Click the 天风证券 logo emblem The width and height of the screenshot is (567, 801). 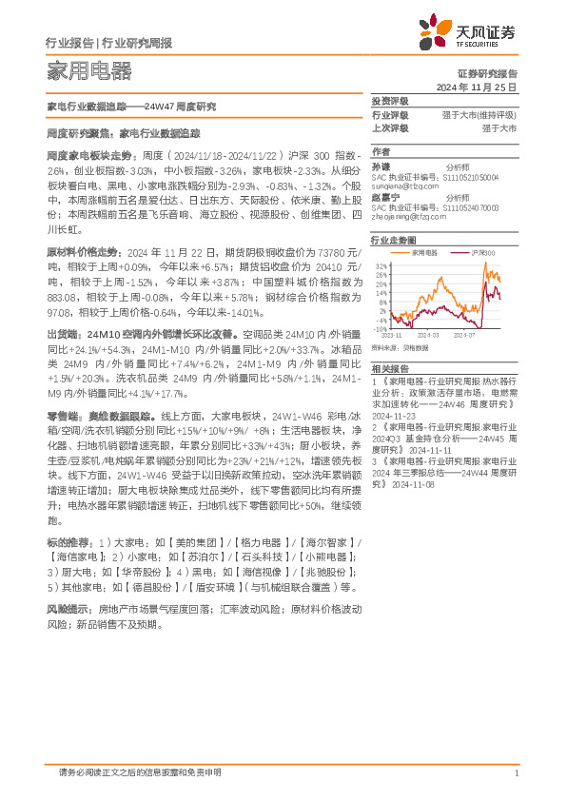click(x=440, y=34)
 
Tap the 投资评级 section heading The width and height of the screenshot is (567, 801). click(x=389, y=101)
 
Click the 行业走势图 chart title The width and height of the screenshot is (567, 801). click(x=393, y=242)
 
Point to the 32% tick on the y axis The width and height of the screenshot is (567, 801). click(x=381, y=266)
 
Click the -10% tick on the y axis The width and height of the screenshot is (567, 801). click(x=380, y=328)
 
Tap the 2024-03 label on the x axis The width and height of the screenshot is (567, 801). click(x=425, y=335)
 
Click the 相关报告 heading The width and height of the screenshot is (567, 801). click(x=389, y=367)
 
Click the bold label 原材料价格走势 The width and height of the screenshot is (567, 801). click(x=82, y=252)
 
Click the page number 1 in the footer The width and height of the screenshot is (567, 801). click(x=515, y=773)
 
